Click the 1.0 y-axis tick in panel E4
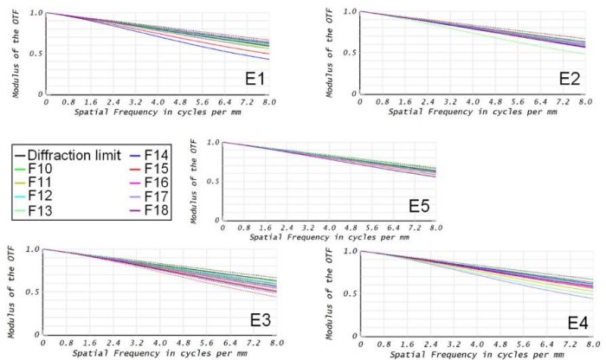coord(351,251)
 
